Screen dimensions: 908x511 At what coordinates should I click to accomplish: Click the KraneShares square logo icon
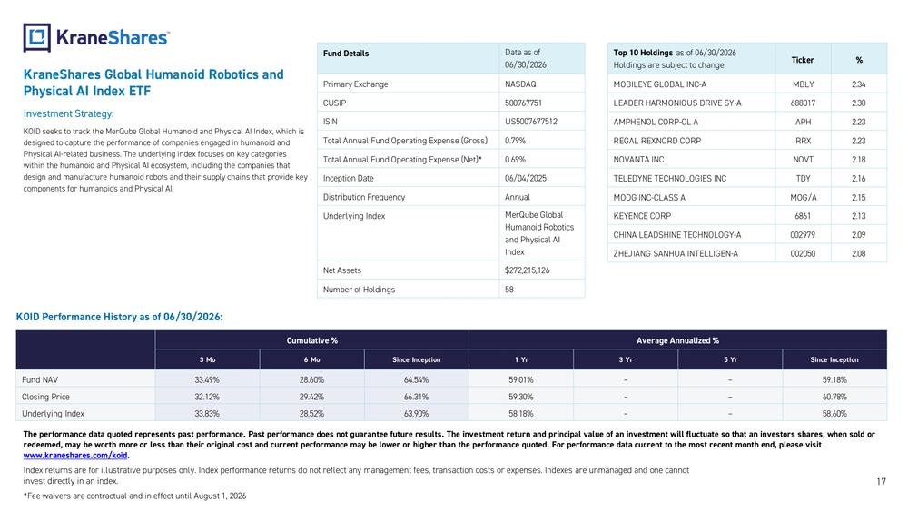36,37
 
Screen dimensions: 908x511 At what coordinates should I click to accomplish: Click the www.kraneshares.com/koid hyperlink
75,456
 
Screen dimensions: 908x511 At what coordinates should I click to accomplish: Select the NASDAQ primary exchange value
520,84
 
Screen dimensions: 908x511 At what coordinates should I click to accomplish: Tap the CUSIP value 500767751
523,103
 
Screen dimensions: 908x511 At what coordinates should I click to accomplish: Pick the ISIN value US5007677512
530,122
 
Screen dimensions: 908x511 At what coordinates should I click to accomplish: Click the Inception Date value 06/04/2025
525,178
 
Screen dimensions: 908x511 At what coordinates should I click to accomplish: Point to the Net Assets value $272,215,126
527,270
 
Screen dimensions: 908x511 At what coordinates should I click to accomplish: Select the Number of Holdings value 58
509,290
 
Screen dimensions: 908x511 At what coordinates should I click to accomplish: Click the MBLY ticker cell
804,84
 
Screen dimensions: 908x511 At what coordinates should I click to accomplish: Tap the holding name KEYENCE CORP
642,216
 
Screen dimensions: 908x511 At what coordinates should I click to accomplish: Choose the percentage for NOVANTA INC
858,159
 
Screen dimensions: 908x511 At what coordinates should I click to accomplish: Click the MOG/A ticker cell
804,197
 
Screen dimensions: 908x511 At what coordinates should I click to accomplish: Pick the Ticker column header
803,60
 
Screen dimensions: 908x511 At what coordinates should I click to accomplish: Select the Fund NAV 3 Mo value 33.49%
207,379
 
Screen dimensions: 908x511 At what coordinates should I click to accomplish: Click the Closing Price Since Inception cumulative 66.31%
416,397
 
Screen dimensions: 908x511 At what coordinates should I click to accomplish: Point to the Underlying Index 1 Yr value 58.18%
520,414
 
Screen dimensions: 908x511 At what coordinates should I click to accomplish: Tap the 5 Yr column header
730,359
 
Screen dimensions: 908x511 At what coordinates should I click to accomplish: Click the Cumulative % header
311,340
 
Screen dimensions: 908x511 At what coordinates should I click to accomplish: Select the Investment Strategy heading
68,114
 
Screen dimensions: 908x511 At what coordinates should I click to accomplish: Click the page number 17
881,481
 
